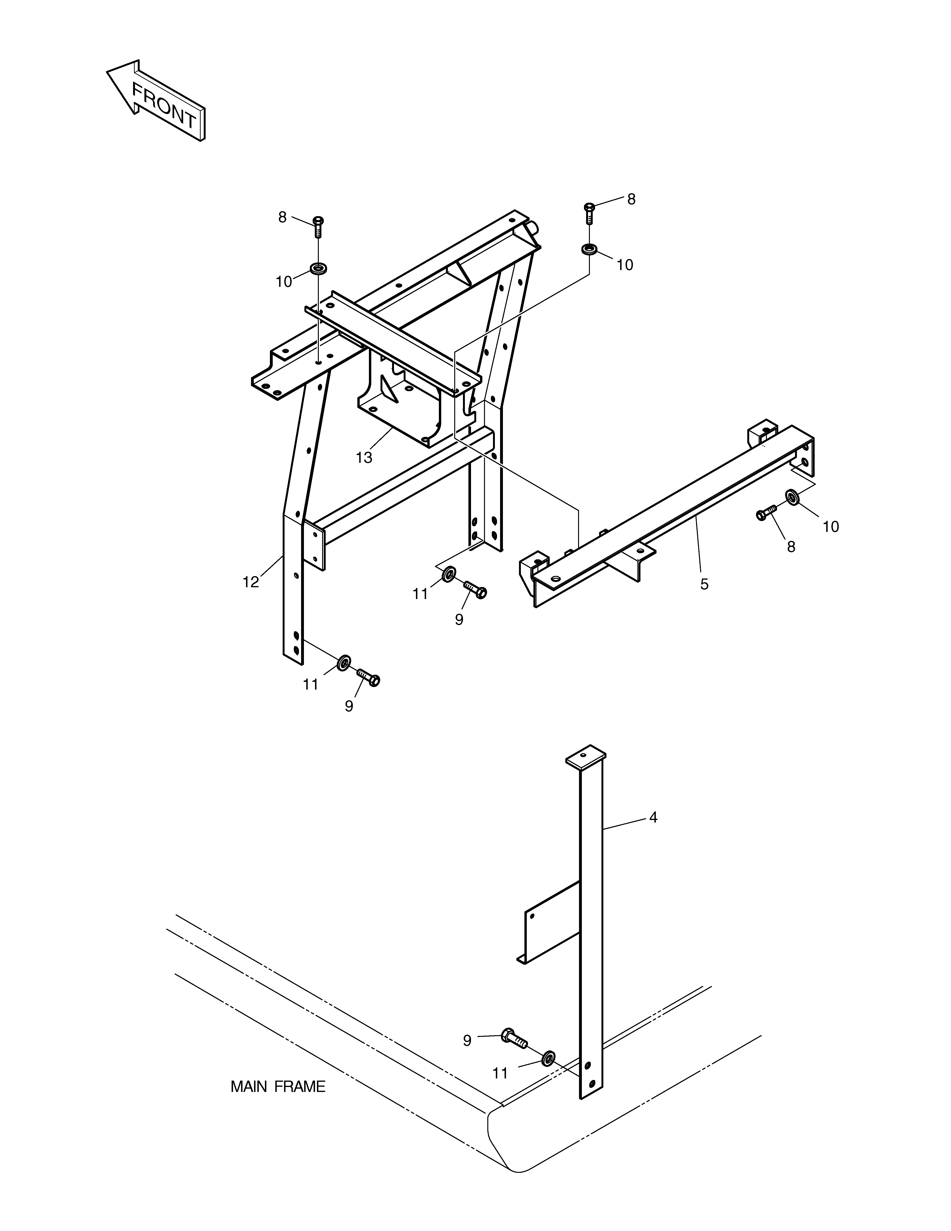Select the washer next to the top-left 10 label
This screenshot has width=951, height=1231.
[x=319, y=268]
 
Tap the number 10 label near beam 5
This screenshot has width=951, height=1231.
[x=830, y=526]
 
